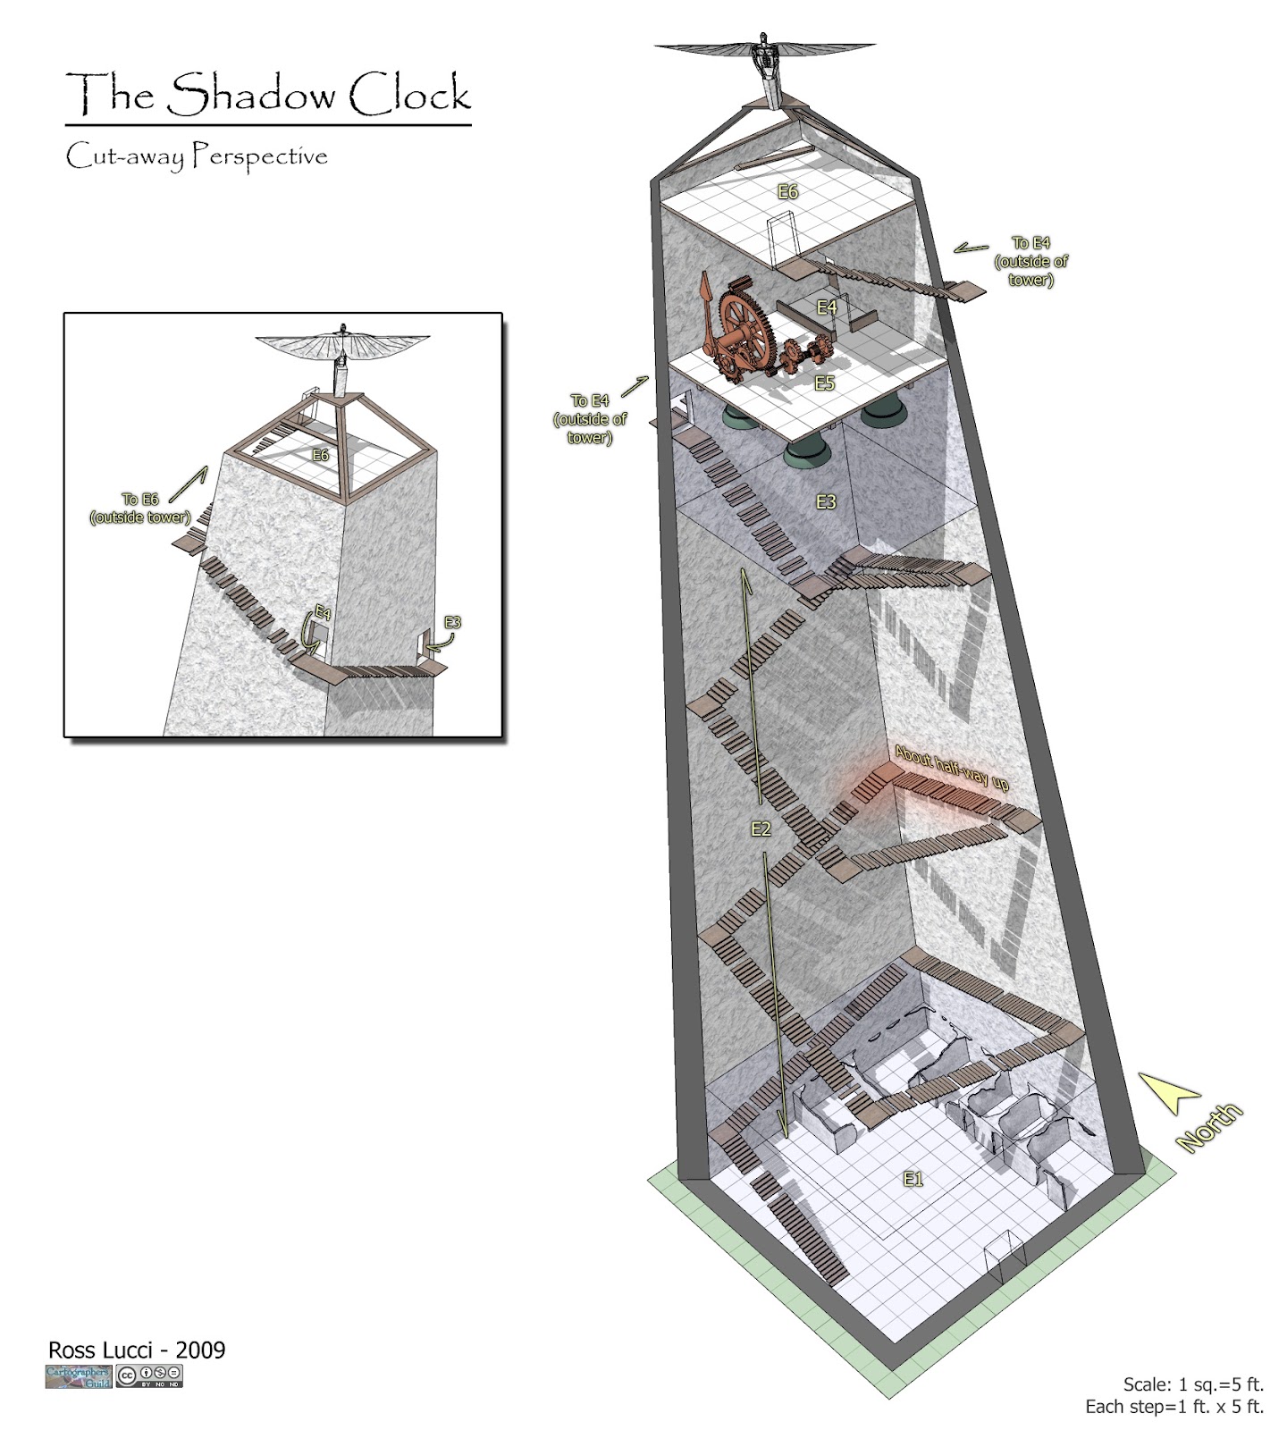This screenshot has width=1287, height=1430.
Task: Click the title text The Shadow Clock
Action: click(268, 95)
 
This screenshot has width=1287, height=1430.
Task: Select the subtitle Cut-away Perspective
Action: click(197, 156)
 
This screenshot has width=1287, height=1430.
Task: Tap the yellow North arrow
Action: click(1171, 1095)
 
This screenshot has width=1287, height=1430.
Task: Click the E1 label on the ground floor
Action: click(913, 1180)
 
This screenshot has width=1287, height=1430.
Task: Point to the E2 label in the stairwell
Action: click(761, 829)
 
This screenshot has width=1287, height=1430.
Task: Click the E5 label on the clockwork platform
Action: click(824, 383)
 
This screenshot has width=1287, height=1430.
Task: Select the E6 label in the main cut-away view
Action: click(787, 191)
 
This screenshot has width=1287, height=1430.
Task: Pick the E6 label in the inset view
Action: click(320, 455)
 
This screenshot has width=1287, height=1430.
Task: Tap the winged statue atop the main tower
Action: click(766, 58)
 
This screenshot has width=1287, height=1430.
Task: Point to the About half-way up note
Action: click(952, 770)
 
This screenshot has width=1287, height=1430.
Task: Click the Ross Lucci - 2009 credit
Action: click(137, 1350)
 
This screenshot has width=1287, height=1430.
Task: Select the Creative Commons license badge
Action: click(149, 1376)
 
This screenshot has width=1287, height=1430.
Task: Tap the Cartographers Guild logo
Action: click(79, 1376)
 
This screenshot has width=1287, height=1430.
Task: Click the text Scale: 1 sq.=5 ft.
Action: click(1193, 1384)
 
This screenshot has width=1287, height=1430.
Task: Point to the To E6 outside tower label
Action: click(140, 508)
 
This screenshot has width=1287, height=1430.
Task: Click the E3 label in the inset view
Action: click(452, 622)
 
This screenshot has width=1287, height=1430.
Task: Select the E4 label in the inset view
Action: click(323, 613)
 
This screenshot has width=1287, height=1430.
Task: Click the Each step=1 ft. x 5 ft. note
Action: click(1174, 1407)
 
